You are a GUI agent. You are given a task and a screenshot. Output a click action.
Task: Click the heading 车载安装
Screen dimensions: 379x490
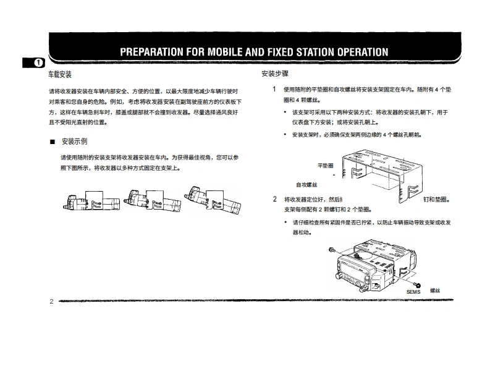click(61, 74)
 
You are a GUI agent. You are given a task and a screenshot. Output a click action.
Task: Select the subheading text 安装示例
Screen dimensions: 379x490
click(74, 142)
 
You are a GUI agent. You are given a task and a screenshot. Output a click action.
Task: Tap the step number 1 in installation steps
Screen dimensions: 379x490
click(274, 89)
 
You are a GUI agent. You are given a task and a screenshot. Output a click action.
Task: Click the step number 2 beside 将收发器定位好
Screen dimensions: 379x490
click(274, 199)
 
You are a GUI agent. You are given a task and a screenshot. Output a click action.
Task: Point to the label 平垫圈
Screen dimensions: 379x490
click(325, 166)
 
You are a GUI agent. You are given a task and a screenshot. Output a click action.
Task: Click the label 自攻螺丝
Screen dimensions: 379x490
click(306, 184)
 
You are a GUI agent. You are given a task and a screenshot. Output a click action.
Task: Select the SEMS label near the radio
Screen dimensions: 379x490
click(413, 291)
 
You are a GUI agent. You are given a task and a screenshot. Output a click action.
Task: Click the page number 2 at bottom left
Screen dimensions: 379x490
click(51, 301)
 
